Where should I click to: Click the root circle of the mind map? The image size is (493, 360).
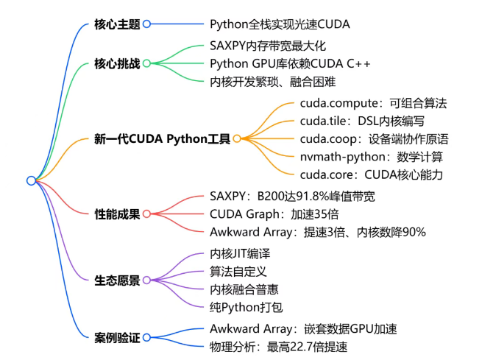(31, 180)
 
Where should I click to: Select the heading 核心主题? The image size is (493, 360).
(117, 24)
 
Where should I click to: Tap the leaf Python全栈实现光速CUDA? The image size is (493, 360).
(280, 24)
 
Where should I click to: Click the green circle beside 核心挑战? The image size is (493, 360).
(146, 63)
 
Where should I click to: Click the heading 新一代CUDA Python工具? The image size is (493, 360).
(162, 138)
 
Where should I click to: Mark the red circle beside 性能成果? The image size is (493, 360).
(146, 213)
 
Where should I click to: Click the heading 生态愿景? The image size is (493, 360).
(117, 280)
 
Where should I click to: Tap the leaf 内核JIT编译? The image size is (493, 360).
(240, 253)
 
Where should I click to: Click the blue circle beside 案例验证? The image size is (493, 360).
(146, 337)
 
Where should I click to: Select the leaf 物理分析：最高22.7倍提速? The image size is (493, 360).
(278, 346)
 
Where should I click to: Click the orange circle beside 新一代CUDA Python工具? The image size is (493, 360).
(237, 138)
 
